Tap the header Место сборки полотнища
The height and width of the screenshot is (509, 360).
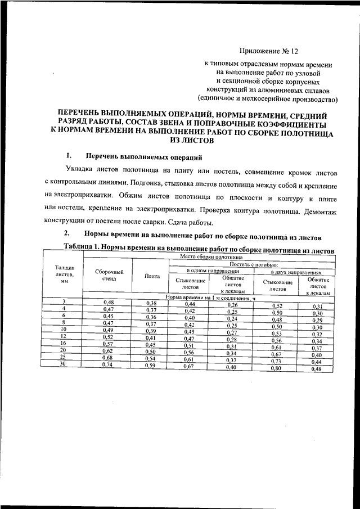(211, 256)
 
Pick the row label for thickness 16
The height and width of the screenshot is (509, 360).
(64, 343)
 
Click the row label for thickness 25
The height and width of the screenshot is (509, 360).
(64, 357)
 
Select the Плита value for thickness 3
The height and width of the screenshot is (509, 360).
(151, 303)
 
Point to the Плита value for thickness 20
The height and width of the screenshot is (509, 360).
(151, 350)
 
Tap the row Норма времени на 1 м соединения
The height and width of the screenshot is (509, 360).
(211, 296)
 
